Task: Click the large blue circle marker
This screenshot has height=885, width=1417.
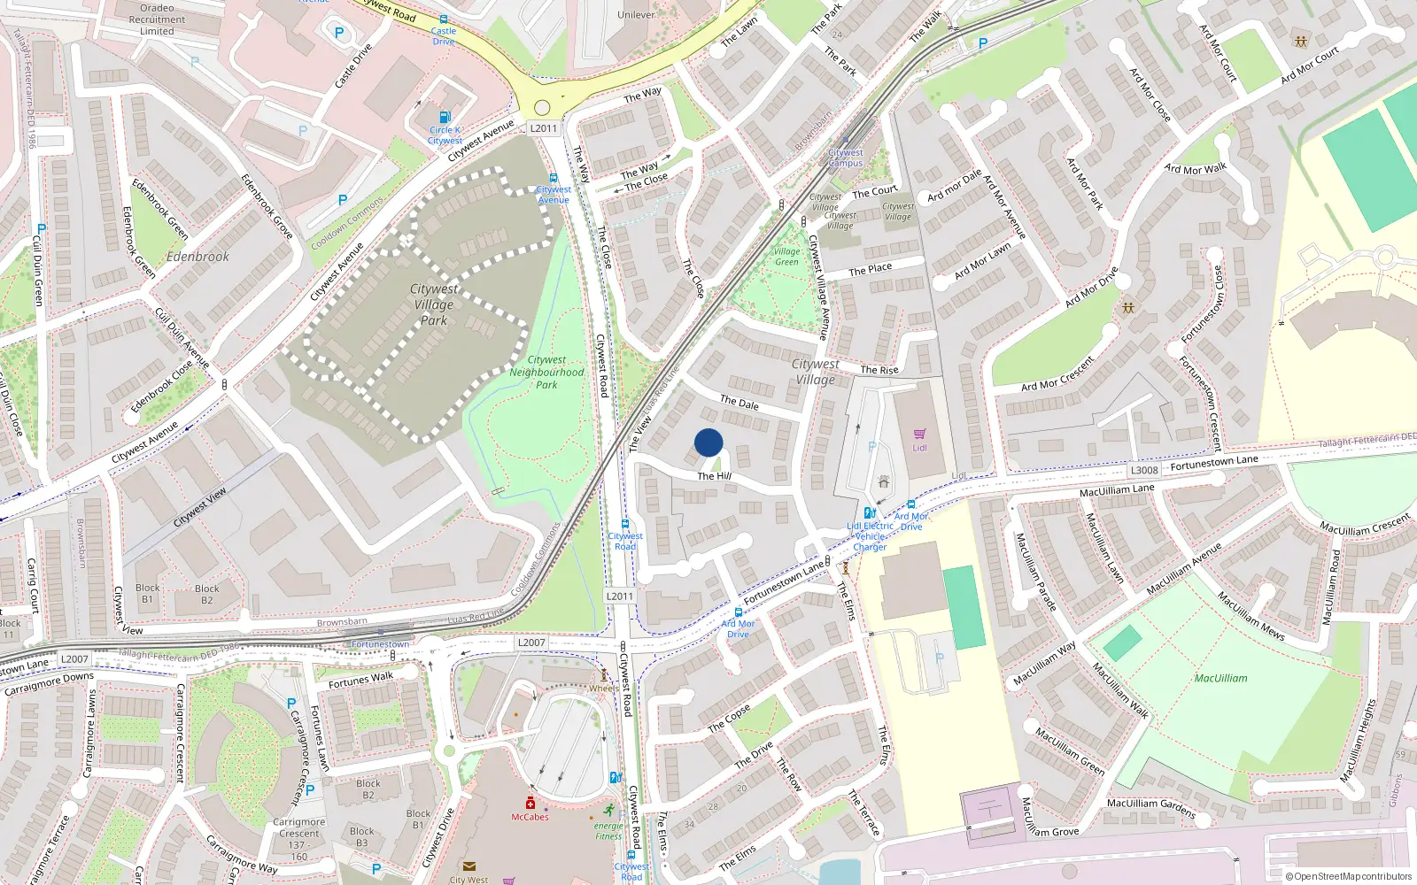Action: click(708, 442)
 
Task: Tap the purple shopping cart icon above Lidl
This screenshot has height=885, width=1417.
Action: click(919, 434)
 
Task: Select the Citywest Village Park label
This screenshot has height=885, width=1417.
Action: click(434, 304)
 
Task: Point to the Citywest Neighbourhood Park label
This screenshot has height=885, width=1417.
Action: click(546, 373)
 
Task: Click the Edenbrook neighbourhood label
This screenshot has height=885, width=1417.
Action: click(197, 257)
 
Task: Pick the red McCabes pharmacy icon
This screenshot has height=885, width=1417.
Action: click(530, 804)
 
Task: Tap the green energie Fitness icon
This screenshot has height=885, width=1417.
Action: click(609, 811)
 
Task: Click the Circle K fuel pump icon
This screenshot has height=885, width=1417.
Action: click(445, 116)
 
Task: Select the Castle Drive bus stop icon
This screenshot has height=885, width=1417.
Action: click(444, 19)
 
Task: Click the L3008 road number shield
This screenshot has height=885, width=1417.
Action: click(1144, 470)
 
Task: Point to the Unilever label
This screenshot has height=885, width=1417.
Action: click(636, 15)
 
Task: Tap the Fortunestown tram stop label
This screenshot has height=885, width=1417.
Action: click(380, 644)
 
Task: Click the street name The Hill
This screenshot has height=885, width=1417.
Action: click(714, 476)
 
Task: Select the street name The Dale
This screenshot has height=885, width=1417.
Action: click(739, 403)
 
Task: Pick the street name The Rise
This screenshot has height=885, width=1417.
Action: click(879, 370)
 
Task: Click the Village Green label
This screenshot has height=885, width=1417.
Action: click(786, 257)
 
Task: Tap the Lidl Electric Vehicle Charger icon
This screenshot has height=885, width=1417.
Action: click(869, 513)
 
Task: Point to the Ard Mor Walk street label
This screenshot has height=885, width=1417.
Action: click(1196, 168)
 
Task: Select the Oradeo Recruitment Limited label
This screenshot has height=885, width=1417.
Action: click(157, 19)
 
